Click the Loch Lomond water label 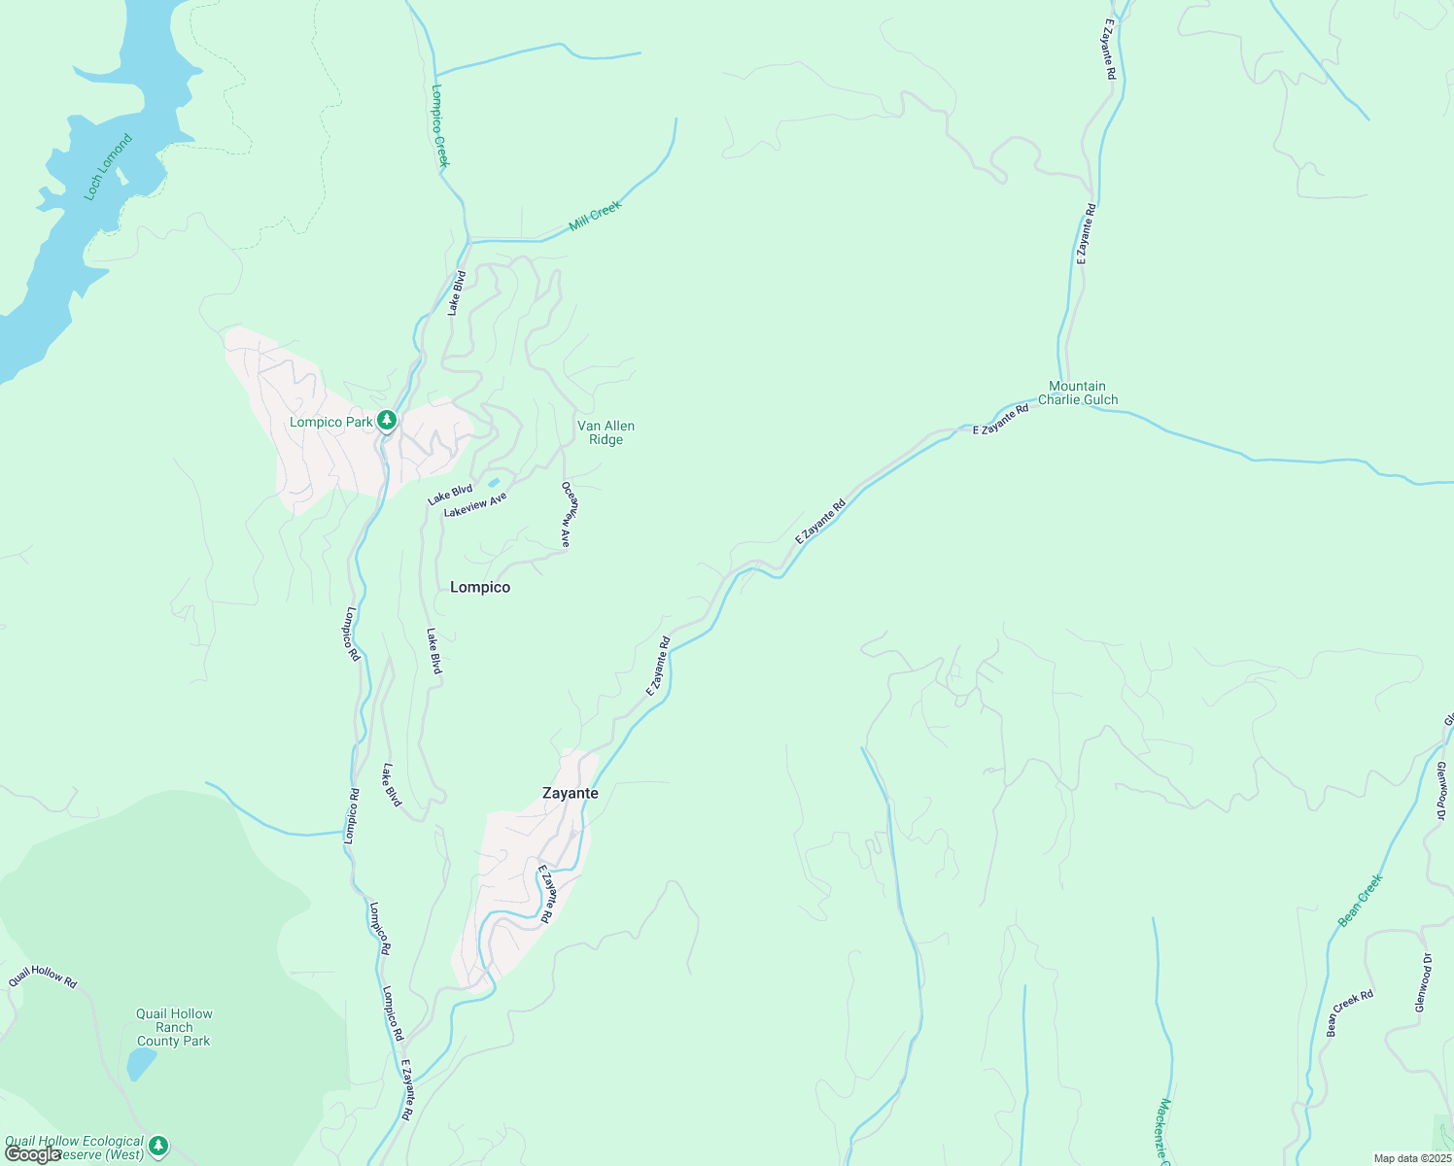pos(107,168)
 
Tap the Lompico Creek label pos(439,125)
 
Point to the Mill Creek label pos(595,215)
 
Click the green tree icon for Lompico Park pos(387,421)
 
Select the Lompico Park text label pos(330,422)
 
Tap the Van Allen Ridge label pos(606,432)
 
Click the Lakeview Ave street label pos(475,505)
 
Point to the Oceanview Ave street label pos(569,514)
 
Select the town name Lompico pos(480,587)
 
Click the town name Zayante pos(571,793)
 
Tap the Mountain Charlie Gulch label pos(1078,393)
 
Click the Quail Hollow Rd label pos(43,977)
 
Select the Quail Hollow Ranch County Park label pos(174,1027)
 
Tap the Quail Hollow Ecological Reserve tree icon pos(158,1147)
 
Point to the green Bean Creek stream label pos(1360,901)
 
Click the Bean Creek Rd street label pos(1350,1012)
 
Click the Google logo pos(32,1153)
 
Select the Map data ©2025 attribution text pos(1411,1158)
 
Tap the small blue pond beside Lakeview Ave pos(494,482)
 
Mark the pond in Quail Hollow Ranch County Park pos(141,1065)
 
